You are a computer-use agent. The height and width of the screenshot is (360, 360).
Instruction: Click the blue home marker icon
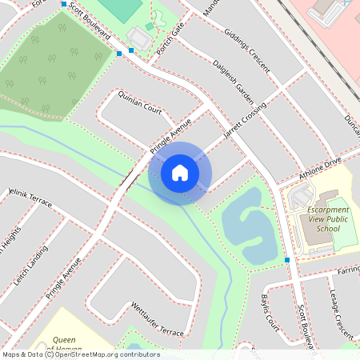(x=180, y=173)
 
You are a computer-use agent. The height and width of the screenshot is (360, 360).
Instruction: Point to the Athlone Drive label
(x=319, y=168)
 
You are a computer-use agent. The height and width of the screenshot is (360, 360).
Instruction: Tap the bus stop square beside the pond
(x=286, y=260)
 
